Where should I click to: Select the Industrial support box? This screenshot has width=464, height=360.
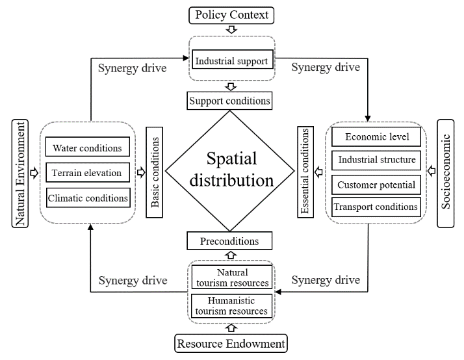pyautogui.click(x=231, y=62)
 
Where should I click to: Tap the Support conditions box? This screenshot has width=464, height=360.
pyautogui.click(x=229, y=101)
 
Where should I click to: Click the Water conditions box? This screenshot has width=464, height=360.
pyautogui.click(x=88, y=148)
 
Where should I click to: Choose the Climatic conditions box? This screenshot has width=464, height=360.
pyautogui.click(x=88, y=197)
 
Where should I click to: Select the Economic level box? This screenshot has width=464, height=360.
pyautogui.click(x=376, y=137)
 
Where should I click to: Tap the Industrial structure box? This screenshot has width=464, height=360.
pyautogui.click(x=376, y=160)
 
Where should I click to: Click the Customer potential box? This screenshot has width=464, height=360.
pyautogui.click(x=376, y=185)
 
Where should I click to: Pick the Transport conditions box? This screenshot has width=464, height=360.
pyautogui.click(x=376, y=207)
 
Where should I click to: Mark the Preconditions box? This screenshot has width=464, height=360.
pyautogui.click(x=229, y=241)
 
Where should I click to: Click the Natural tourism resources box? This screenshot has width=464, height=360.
pyautogui.click(x=231, y=277)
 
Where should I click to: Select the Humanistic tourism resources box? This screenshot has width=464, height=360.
pyautogui.click(x=231, y=305)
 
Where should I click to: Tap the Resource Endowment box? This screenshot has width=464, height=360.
pyautogui.click(x=231, y=342)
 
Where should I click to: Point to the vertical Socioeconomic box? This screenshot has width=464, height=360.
pyautogui.click(x=446, y=173)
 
